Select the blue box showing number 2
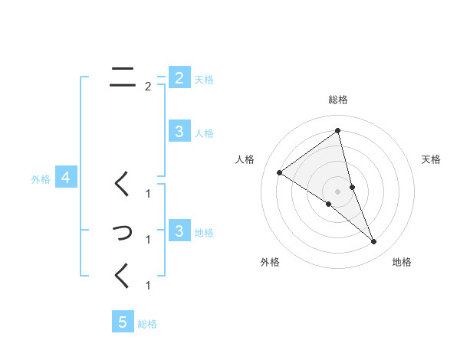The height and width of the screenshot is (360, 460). tap(179, 77)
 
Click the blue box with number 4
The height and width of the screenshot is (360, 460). tap(66, 178)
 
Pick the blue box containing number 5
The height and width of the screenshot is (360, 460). tap(123, 322)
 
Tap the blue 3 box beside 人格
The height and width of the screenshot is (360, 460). tap(179, 132)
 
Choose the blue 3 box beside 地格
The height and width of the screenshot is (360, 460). tap(179, 231)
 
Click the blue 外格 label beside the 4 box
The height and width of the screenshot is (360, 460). tap(41, 179)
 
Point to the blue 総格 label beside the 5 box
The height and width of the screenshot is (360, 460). tap(147, 324)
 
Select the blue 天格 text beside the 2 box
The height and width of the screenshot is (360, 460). tap(204, 79)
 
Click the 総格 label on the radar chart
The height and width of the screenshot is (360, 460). tap(338, 100)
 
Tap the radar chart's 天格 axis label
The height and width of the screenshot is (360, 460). tap(432, 159)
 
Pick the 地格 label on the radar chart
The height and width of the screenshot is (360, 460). tap(402, 262)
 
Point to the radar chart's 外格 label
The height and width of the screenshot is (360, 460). tap(270, 262)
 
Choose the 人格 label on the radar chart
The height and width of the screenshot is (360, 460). tap(245, 159)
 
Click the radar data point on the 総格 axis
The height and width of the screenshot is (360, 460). tap(338, 131)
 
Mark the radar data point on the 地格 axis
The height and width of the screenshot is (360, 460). tap(374, 241)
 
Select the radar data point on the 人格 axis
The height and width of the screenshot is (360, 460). tap(280, 173)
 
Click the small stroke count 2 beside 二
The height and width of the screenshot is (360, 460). tap(148, 87)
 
